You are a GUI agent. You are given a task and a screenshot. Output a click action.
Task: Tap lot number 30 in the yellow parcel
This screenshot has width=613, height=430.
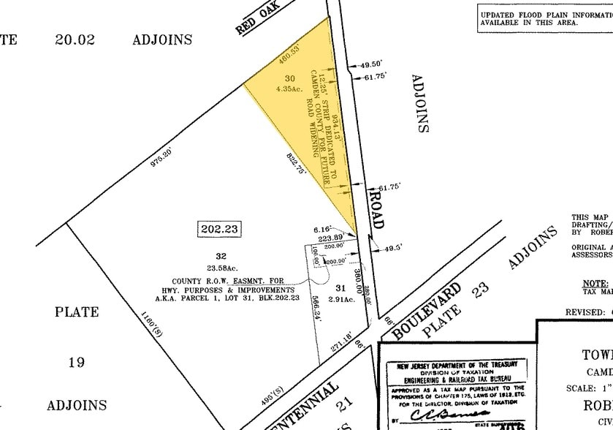(x=289, y=78)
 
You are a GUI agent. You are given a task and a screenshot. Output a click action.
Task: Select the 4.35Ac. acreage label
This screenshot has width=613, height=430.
(x=289, y=88)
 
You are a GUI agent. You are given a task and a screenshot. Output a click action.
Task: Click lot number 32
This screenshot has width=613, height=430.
(x=221, y=256)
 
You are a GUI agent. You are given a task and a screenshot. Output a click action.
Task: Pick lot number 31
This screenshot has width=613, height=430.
(x=340, y=288)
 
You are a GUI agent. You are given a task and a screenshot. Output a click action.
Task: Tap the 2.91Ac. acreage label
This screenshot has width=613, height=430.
(x=340, y=299)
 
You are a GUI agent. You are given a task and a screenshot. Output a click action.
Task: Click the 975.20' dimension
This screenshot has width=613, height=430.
(x=161, y=159)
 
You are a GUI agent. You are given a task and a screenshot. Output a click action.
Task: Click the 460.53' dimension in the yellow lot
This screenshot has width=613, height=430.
(x=290, y=58)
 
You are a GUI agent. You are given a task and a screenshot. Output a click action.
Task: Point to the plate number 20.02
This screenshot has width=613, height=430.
(x=75, y=40)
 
